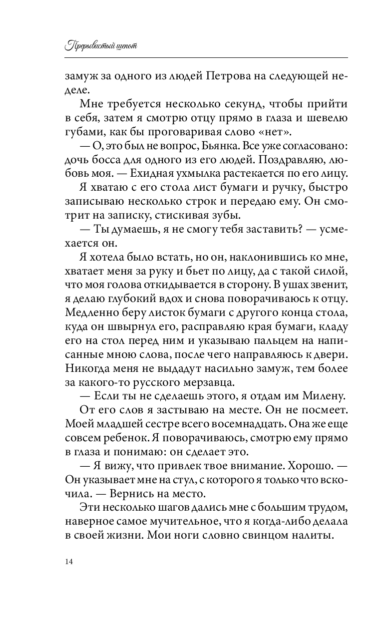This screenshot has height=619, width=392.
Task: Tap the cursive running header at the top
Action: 101,46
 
